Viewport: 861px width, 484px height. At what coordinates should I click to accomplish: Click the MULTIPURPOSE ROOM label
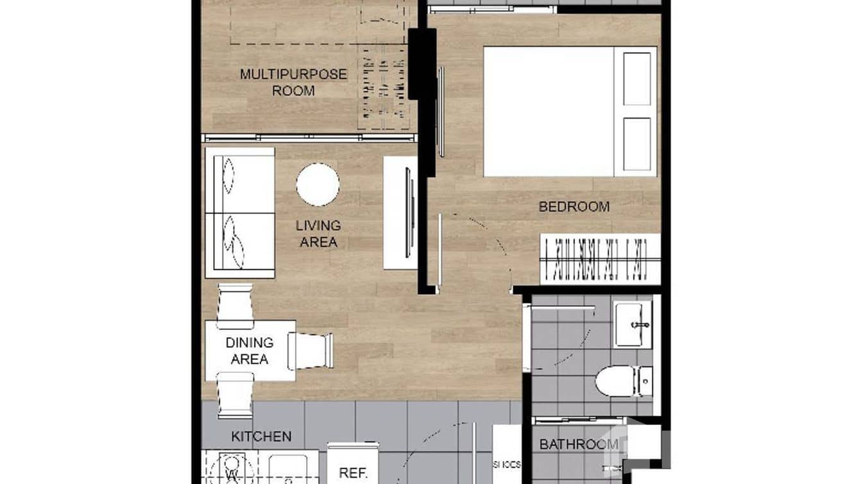pos(293,82)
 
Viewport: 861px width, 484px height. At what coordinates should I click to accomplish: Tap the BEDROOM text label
pos(574,207)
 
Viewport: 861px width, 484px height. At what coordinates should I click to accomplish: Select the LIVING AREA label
pos(318,234)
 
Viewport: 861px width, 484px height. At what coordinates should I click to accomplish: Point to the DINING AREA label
pos(250,350)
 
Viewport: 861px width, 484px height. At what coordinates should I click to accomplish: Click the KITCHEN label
pos(261,436)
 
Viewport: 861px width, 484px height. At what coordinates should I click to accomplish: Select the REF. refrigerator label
pos(352,473)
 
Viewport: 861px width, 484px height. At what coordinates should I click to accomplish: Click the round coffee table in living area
pos(318,185)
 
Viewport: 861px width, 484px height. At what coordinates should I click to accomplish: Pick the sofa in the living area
pos(240,213)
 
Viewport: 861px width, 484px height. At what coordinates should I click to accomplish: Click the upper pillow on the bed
pos(636,78)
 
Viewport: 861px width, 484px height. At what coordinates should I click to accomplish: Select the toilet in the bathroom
pos(622,381)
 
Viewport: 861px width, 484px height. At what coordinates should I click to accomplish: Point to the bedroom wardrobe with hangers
pos(600,259)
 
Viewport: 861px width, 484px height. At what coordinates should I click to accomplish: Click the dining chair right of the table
pos(311,350)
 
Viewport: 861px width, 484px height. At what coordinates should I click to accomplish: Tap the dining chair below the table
pos(235,395)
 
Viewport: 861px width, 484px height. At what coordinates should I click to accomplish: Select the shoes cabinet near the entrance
pos(507,457)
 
